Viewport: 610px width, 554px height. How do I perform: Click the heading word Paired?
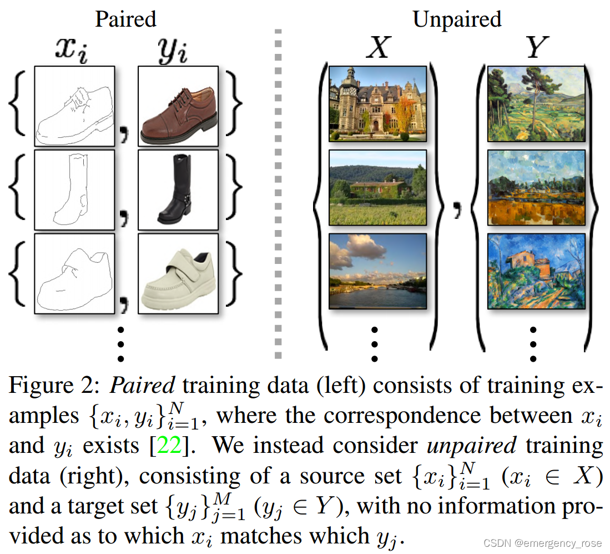(125, 19)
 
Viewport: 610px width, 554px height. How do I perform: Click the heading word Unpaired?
(457, 19)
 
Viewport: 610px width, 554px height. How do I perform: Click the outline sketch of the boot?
(74, 189)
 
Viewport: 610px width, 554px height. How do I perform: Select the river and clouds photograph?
(377, 271)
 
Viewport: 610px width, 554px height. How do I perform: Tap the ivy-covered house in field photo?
(377, 187)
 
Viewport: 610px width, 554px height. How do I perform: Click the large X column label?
(378, 49)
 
